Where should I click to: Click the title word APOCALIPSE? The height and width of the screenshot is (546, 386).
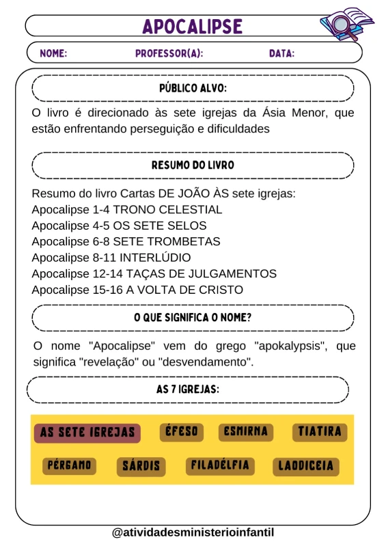pyautogui.click(x=193, y=26)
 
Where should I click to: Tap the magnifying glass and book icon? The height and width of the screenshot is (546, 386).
pyautogui.click(x=346, y=25)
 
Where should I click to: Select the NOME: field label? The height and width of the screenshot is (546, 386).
pyautogui.click(x=54, y=53)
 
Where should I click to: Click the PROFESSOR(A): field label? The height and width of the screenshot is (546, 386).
pyautogui.click(x=169, y=53)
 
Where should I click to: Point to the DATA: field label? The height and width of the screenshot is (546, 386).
pyautogui.click(x=281, y=53)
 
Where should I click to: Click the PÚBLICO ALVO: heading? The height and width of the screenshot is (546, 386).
pyautogui.click(x=193, y=88)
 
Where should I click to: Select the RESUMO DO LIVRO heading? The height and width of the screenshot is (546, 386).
pyautogui.click(x=193, y=165)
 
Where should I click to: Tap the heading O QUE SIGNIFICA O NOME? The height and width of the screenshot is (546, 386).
pyautogui.click(x=193, y=318)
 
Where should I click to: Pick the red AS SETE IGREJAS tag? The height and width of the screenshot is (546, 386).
pyautogui.click(x=87, y=433)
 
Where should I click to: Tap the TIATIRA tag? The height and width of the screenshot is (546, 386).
pyautogui.click(x=319, y=432)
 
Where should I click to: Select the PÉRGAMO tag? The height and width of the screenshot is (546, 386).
pyautogui.click(x=69, y=466)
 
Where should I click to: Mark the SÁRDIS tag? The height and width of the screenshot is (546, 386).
pyautogui.click(x=141, y=467)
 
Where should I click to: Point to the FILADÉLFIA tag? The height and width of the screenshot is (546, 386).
pyautogui.click(x=220, y=466)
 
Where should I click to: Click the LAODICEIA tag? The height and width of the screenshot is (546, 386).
pyautogui.click(x=305, y=467)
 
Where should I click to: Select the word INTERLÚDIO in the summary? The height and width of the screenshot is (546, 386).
pyautogui.click(x=155, y=258)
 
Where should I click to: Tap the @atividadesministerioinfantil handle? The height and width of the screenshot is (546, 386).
pyautogui.click(x=193, y=532)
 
